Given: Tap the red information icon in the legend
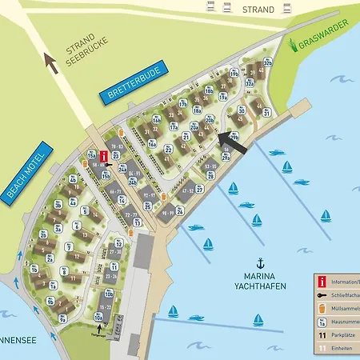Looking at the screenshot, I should [x=322, y=282].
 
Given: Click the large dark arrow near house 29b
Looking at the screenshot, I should [x=229, y=141].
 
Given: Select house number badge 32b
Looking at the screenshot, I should [x=269, y=62].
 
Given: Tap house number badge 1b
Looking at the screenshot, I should [x=34, y=270].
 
